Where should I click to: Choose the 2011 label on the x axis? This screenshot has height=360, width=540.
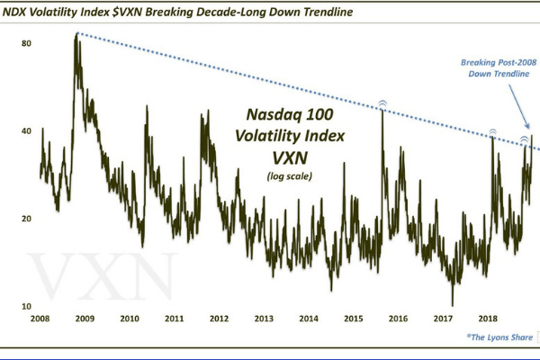tap(175, 319)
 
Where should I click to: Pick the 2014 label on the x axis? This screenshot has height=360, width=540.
tap(309, 319)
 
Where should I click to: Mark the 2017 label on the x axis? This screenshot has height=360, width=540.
tap(443, 319)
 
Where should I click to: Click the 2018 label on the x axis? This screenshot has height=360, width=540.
tap(488, 319)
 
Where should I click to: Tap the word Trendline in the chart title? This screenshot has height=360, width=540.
tap(363, 12)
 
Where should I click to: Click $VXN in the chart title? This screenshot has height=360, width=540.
tap(151, 12)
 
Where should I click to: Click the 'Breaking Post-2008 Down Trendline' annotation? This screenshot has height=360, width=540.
tap(495, 68)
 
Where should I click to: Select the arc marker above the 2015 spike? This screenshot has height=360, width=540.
tap(382, 104)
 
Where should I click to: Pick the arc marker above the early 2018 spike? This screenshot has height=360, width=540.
tap(492, 130)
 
